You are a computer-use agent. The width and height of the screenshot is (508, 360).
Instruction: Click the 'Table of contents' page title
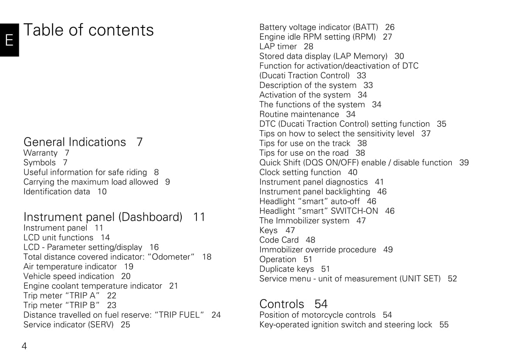click(88, 30)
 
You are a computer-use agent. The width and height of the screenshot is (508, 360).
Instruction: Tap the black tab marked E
click(9, 40)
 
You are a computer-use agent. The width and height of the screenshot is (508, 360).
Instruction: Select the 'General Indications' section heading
click(75, 142)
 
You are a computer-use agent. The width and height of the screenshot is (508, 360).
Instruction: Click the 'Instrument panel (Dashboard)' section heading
click(103, 217)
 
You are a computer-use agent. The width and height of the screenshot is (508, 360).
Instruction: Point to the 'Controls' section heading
click(281, 304)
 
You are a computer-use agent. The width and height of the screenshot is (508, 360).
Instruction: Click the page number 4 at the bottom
click(24, 347)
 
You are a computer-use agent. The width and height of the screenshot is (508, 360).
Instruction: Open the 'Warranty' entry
click(41, 153)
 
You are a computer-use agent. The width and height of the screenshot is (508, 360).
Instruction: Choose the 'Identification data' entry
click(57, 192)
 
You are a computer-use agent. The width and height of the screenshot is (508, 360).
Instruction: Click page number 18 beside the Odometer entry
click(207, 257)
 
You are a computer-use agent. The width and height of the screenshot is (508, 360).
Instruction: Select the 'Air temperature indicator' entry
click(70, 266)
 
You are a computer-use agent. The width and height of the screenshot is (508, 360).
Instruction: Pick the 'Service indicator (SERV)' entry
click(68, 324)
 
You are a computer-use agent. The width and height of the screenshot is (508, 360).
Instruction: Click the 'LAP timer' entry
click(278, 47)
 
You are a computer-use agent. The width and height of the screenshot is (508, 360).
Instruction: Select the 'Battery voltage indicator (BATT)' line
click(318, 27)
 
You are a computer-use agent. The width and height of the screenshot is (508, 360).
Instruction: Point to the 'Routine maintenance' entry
click(299, 114)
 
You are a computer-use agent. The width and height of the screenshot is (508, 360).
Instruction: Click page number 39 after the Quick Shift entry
click(464, 162)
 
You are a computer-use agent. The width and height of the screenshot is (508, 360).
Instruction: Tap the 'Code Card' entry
click(279, 240)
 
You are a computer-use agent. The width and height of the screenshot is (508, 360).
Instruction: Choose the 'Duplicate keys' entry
click(286, 269)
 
